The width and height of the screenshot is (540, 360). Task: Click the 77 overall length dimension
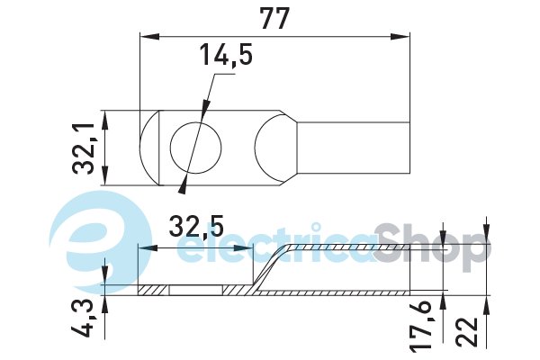(274, 19)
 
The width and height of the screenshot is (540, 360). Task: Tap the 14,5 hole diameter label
(226, 54)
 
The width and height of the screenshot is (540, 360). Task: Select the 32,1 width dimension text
(84, 148)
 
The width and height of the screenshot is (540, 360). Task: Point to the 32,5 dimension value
(196, 226)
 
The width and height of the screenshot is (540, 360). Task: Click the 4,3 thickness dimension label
(84, 319)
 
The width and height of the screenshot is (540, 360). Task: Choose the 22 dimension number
(467, 332)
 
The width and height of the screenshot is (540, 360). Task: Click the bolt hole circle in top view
(196, 148)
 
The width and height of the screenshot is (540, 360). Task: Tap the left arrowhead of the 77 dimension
(149, 37)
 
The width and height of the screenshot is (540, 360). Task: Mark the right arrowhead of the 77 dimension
(400, 37)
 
